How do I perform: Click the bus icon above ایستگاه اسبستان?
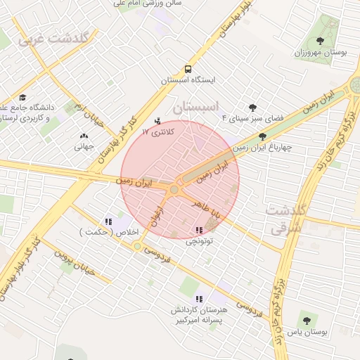[188, 69]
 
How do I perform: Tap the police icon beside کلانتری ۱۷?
[157, 120]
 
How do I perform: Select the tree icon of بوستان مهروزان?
[321, 41]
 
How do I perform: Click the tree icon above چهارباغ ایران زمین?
[263, 137]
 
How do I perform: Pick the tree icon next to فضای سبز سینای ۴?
[253, 108]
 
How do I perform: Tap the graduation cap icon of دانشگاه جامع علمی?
[22, 98]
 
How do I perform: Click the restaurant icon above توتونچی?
[200, 229]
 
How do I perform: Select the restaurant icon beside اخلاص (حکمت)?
[108, 221]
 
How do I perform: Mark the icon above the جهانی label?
[84, 136]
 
